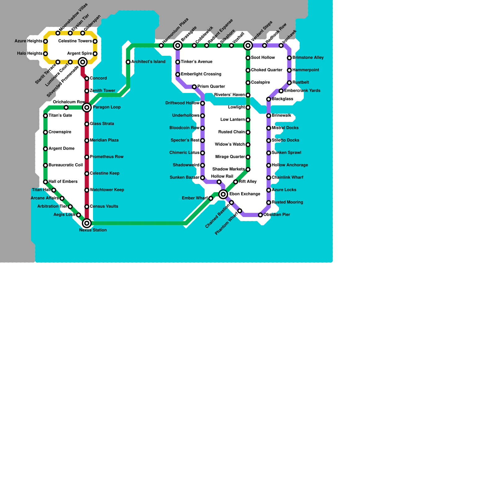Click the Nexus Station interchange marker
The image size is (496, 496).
click(87, 223)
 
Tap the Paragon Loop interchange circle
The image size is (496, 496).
click(87, 108)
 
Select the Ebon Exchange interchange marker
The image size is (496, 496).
click(223, 194)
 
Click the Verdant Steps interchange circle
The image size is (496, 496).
click(248, 46)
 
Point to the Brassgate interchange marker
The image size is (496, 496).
click(178, 46)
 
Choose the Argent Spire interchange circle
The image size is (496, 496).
click(83, 62)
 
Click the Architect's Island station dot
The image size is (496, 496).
click(128, 62)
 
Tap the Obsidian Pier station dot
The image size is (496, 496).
click(260, 215)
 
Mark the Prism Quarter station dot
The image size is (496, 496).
click(194, 87)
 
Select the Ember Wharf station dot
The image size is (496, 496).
click(211, 198)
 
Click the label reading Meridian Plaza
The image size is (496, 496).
click(104, 140)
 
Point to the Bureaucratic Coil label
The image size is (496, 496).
click(66, 165)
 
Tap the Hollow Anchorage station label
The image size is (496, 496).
click(290, 165)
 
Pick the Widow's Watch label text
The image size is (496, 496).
click(230, 144)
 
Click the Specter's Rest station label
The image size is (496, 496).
click(185, 140)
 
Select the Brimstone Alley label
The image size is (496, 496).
click(308, 58)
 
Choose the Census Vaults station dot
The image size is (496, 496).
click(87, 207)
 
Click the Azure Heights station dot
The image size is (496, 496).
click(46, 41)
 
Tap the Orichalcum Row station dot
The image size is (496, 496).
click(66, 108)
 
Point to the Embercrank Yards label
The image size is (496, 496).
click(302, 91)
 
